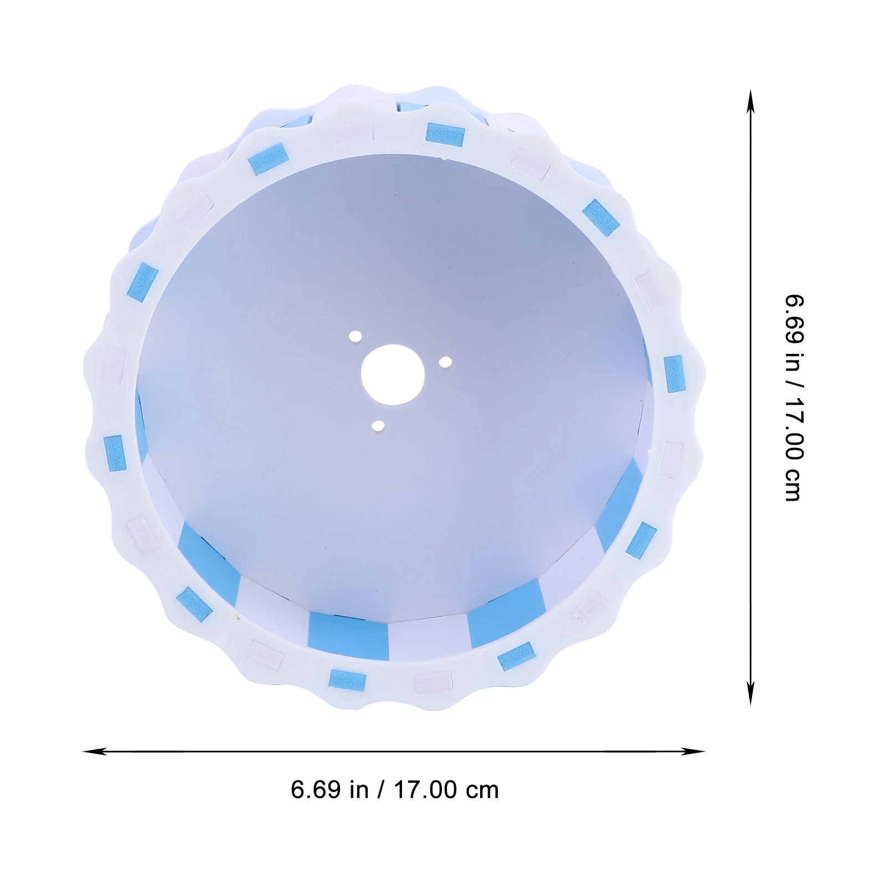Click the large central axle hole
coord(393,375)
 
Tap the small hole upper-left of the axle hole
coord(355,336)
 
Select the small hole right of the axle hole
coord(445,362)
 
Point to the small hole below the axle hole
coord(378,426)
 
